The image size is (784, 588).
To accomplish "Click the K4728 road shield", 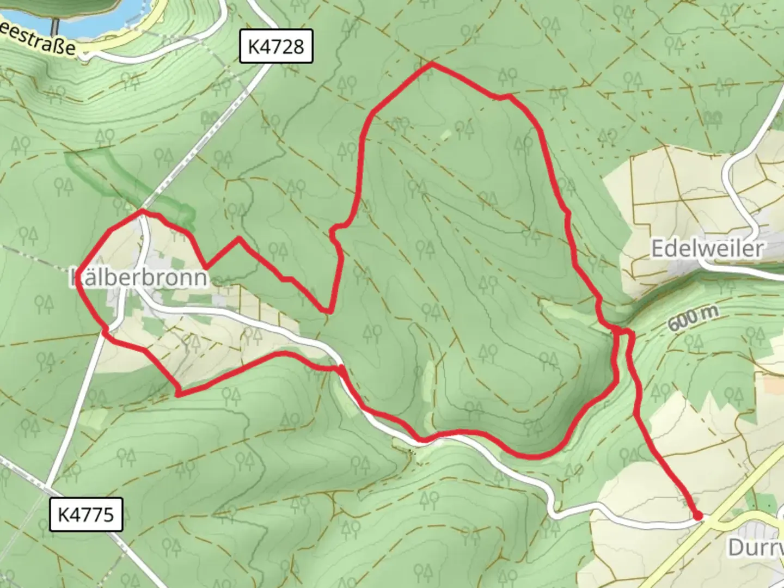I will click(276, 47).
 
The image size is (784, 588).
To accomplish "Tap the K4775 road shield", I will click(86, 514).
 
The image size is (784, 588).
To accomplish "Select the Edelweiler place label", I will click(707, 249).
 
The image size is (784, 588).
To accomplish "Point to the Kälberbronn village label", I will click(139, 278).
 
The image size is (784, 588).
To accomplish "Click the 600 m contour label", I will click(693, 318).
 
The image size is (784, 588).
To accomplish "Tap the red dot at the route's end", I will click(697, 516).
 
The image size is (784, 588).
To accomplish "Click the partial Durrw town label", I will click(756, 547).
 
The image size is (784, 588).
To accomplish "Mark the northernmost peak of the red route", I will click(432, 64).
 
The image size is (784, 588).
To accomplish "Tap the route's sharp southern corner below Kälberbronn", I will click(178, 394).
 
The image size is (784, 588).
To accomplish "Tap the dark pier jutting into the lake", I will click(55, 24).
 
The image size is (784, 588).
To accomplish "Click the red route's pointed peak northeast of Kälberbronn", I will click(238, 238).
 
